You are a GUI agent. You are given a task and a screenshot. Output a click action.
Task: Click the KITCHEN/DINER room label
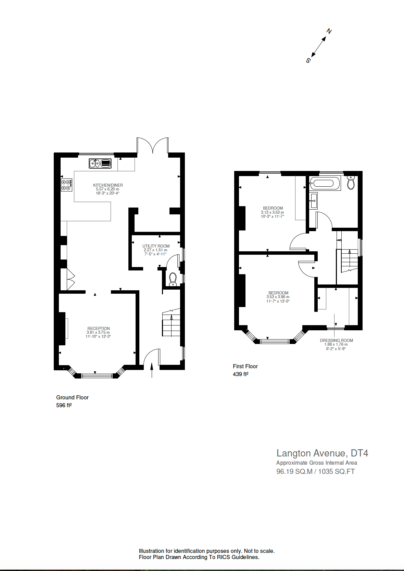click(108, 185)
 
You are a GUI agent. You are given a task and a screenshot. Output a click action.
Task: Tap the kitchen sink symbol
click(100, 163)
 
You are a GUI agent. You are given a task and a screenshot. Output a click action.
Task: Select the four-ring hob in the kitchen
click(66, 185)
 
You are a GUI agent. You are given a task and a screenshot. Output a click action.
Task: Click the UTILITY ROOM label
click(156, 246)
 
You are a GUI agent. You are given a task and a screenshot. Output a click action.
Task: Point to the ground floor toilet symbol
click(173, 279)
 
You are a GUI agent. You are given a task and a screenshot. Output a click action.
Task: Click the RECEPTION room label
click(99, 329)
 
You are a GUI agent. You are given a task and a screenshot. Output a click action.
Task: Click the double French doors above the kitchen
click(153, 145)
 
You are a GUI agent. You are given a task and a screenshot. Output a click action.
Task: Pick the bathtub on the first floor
click(324, 183)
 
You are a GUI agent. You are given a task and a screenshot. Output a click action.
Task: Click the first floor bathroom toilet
click(351, 183)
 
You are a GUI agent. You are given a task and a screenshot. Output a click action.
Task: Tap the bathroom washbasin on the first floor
click(313, 201)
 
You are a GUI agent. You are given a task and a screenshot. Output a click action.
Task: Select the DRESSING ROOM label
click(336, 341)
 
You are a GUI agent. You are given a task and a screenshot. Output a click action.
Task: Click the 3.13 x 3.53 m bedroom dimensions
click(273, 212)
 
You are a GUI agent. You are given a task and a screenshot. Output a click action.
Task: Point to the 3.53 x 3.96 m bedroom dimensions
click(278, 297)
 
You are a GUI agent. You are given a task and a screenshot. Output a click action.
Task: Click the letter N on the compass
click(329, 31)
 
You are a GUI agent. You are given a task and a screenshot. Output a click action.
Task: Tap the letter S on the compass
click(308, 61)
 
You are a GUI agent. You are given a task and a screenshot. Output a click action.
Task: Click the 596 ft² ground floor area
click(64, 405)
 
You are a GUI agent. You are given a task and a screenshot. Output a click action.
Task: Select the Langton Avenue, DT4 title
click(322, 453)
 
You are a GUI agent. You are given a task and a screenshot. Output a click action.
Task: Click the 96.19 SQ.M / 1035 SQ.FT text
click(315, 472)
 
